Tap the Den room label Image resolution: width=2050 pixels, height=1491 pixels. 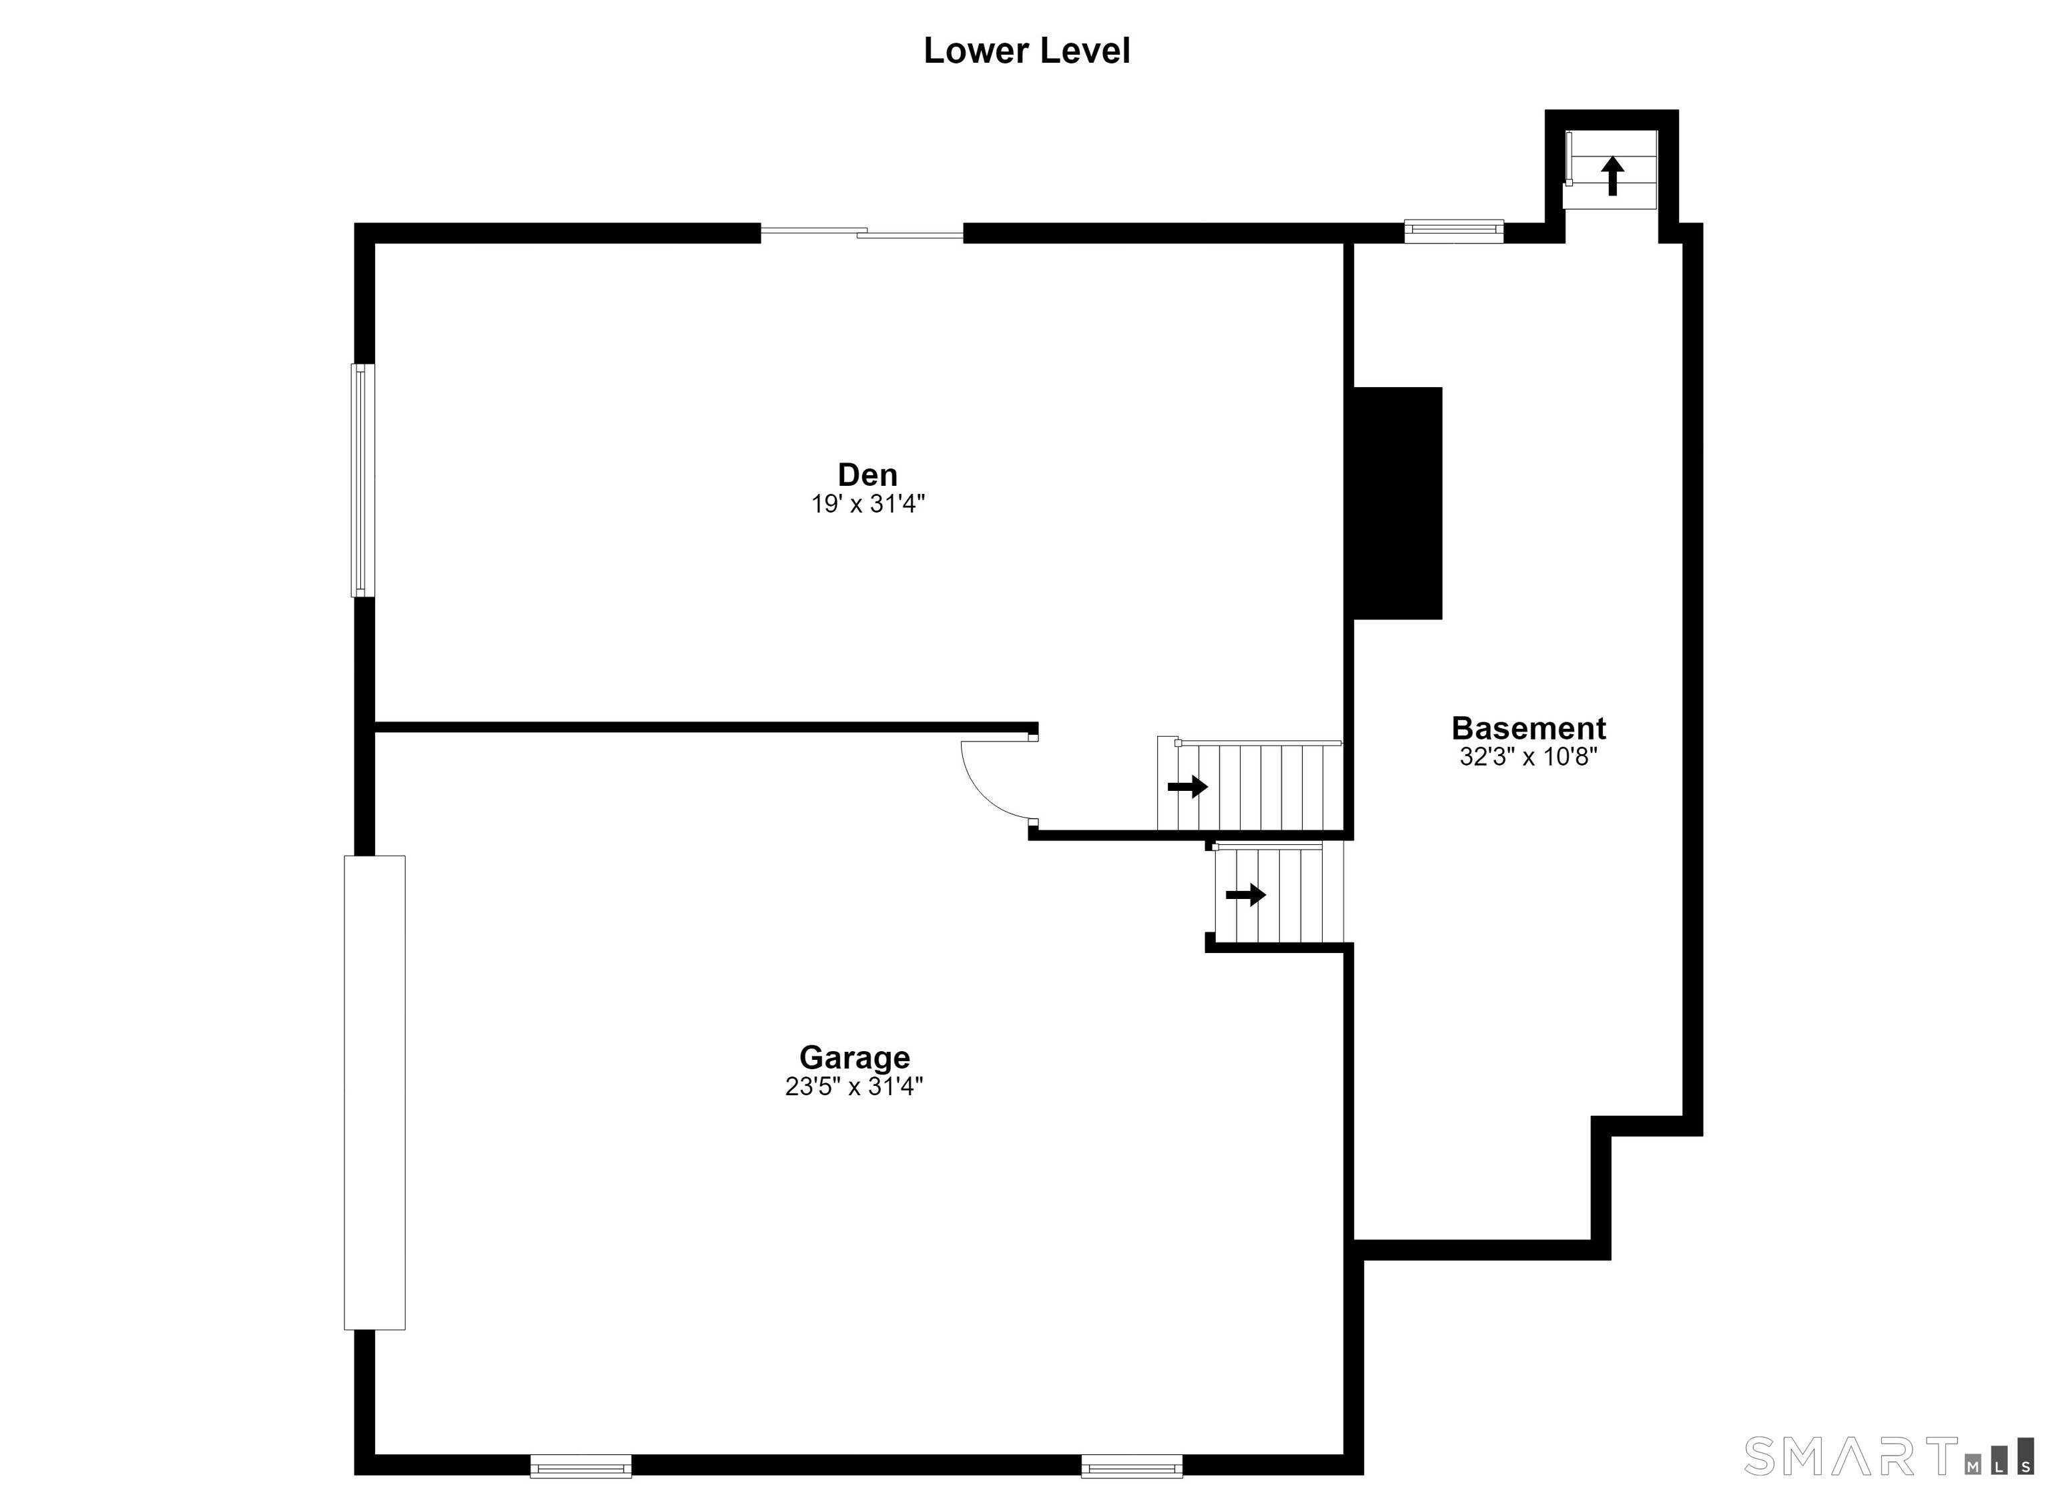click(868, 475)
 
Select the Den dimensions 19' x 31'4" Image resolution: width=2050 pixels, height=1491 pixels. click(868, 504)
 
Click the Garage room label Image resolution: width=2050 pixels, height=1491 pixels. click(854, 1057)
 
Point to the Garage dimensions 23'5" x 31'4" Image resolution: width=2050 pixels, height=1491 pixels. click(854, 1086)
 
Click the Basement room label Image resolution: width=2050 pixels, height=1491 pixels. click(1528, 728)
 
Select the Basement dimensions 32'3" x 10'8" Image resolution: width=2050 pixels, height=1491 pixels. click(1528, 757)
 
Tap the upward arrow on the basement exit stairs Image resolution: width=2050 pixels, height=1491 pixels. click(1612, 176)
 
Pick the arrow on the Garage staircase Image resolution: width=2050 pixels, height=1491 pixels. click(1245, 895)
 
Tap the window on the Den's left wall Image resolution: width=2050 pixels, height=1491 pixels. click(362, 480)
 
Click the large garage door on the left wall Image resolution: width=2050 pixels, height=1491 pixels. click(374, 1093)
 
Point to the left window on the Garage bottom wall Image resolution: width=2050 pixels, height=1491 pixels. click(581, 1466)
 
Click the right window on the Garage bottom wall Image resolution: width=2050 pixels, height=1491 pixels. click(1132, 1466)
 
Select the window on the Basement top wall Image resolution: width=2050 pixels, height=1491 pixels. click(1453, 232)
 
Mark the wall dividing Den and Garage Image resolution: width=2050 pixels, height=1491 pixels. click(706, 727)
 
